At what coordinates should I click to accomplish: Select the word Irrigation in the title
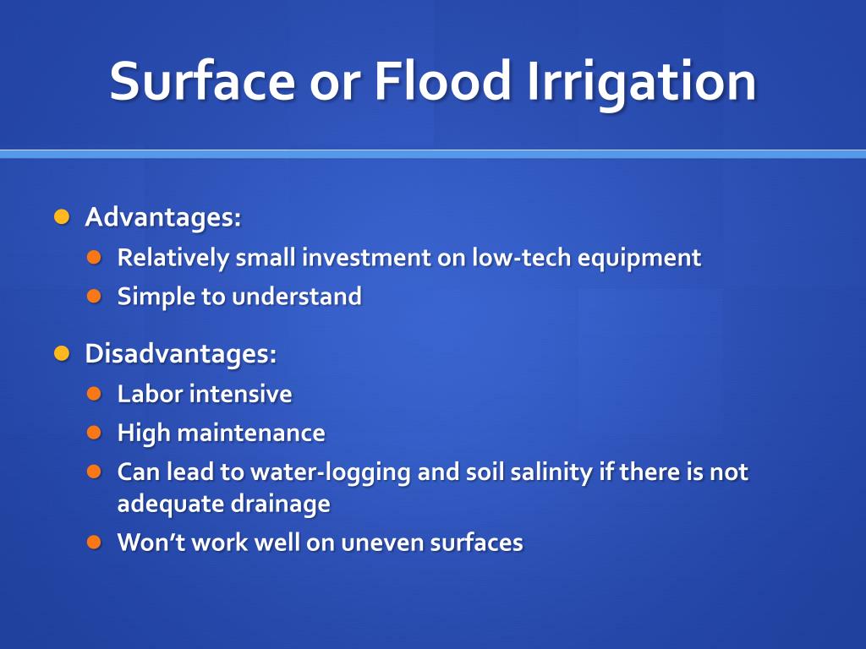pyautogui.click(x=641, y=84)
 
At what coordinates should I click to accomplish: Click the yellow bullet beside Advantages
pyautogui.click(x=62, y=216)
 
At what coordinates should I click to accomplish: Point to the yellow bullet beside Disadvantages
pyautogui.click(x=62, y=353)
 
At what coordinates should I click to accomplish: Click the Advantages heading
pyautogui.click(x=163, y=217)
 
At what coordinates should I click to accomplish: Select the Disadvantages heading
pyautogui.click(x=181, y=354)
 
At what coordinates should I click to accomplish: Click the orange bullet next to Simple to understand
pyautogui.click(x=95, y=297)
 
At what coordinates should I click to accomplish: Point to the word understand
pyautogui.click(x=297, y=297)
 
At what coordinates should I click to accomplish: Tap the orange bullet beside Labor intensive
pyautogui.click(x=95, y=394)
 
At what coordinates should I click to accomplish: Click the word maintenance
pyautogui.click(x=251, y=433)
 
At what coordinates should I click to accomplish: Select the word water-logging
pyautogui.click(x=331, y=473)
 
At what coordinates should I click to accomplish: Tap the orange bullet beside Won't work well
pyautogui.click(x=95, y=543)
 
